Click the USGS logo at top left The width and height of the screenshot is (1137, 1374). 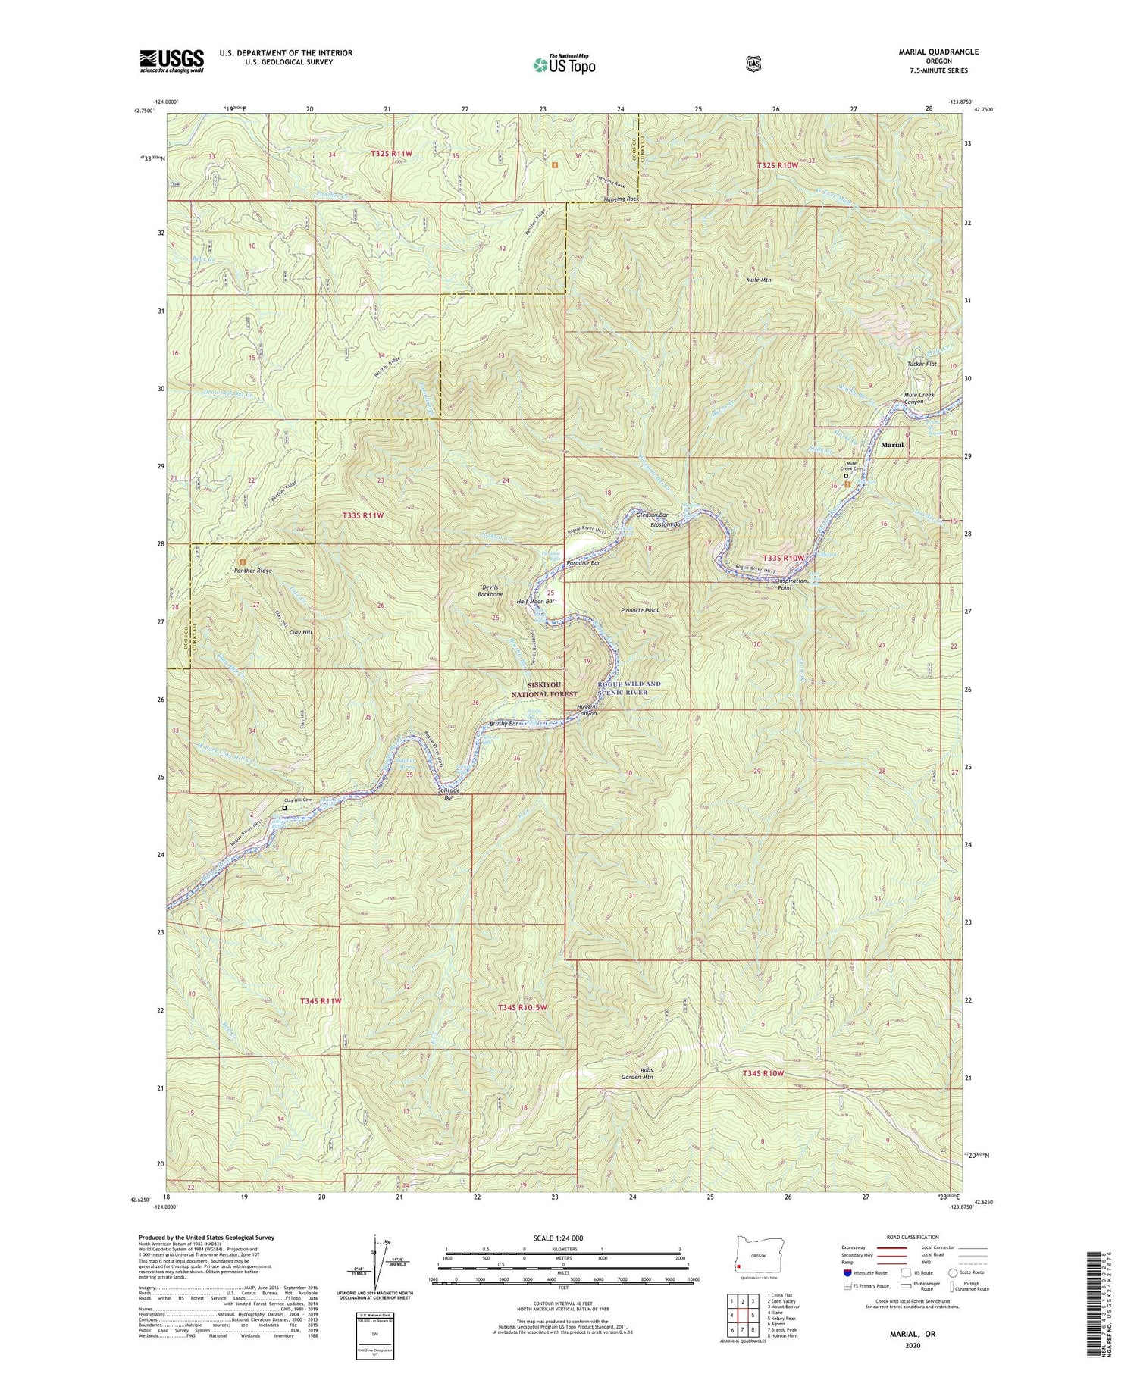pyautogui.click(x=171, y=61)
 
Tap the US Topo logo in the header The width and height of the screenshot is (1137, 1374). pyautogui.click(x=564, y=64)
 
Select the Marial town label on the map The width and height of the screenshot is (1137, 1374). pyautogui.click(x=891, y=445)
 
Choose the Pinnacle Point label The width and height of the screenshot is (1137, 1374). pyautogui.click(x=640, y=609)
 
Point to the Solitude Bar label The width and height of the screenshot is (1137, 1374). pyautogui.click(x=449, y=793)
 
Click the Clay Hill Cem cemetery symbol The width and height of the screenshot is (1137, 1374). pyautogui.click(x=284, y=808)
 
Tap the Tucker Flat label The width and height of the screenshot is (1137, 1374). pyautogui.click(x=922, y=364)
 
